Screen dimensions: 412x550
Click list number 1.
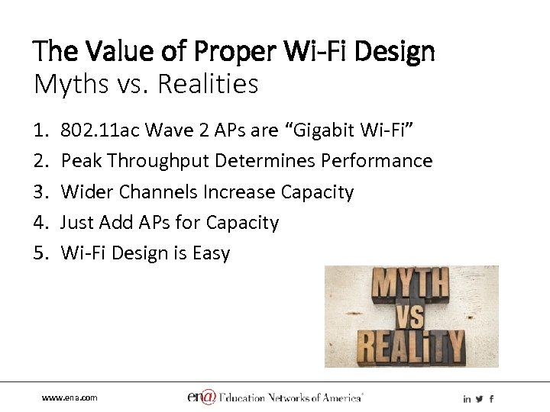[40, 130]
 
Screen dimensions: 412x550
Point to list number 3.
[40, 192]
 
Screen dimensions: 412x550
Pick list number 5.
[40, 253]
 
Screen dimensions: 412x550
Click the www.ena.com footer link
[70, 398]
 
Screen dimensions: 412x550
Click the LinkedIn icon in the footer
[467, 398]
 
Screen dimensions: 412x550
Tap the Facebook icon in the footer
[491, 398]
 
